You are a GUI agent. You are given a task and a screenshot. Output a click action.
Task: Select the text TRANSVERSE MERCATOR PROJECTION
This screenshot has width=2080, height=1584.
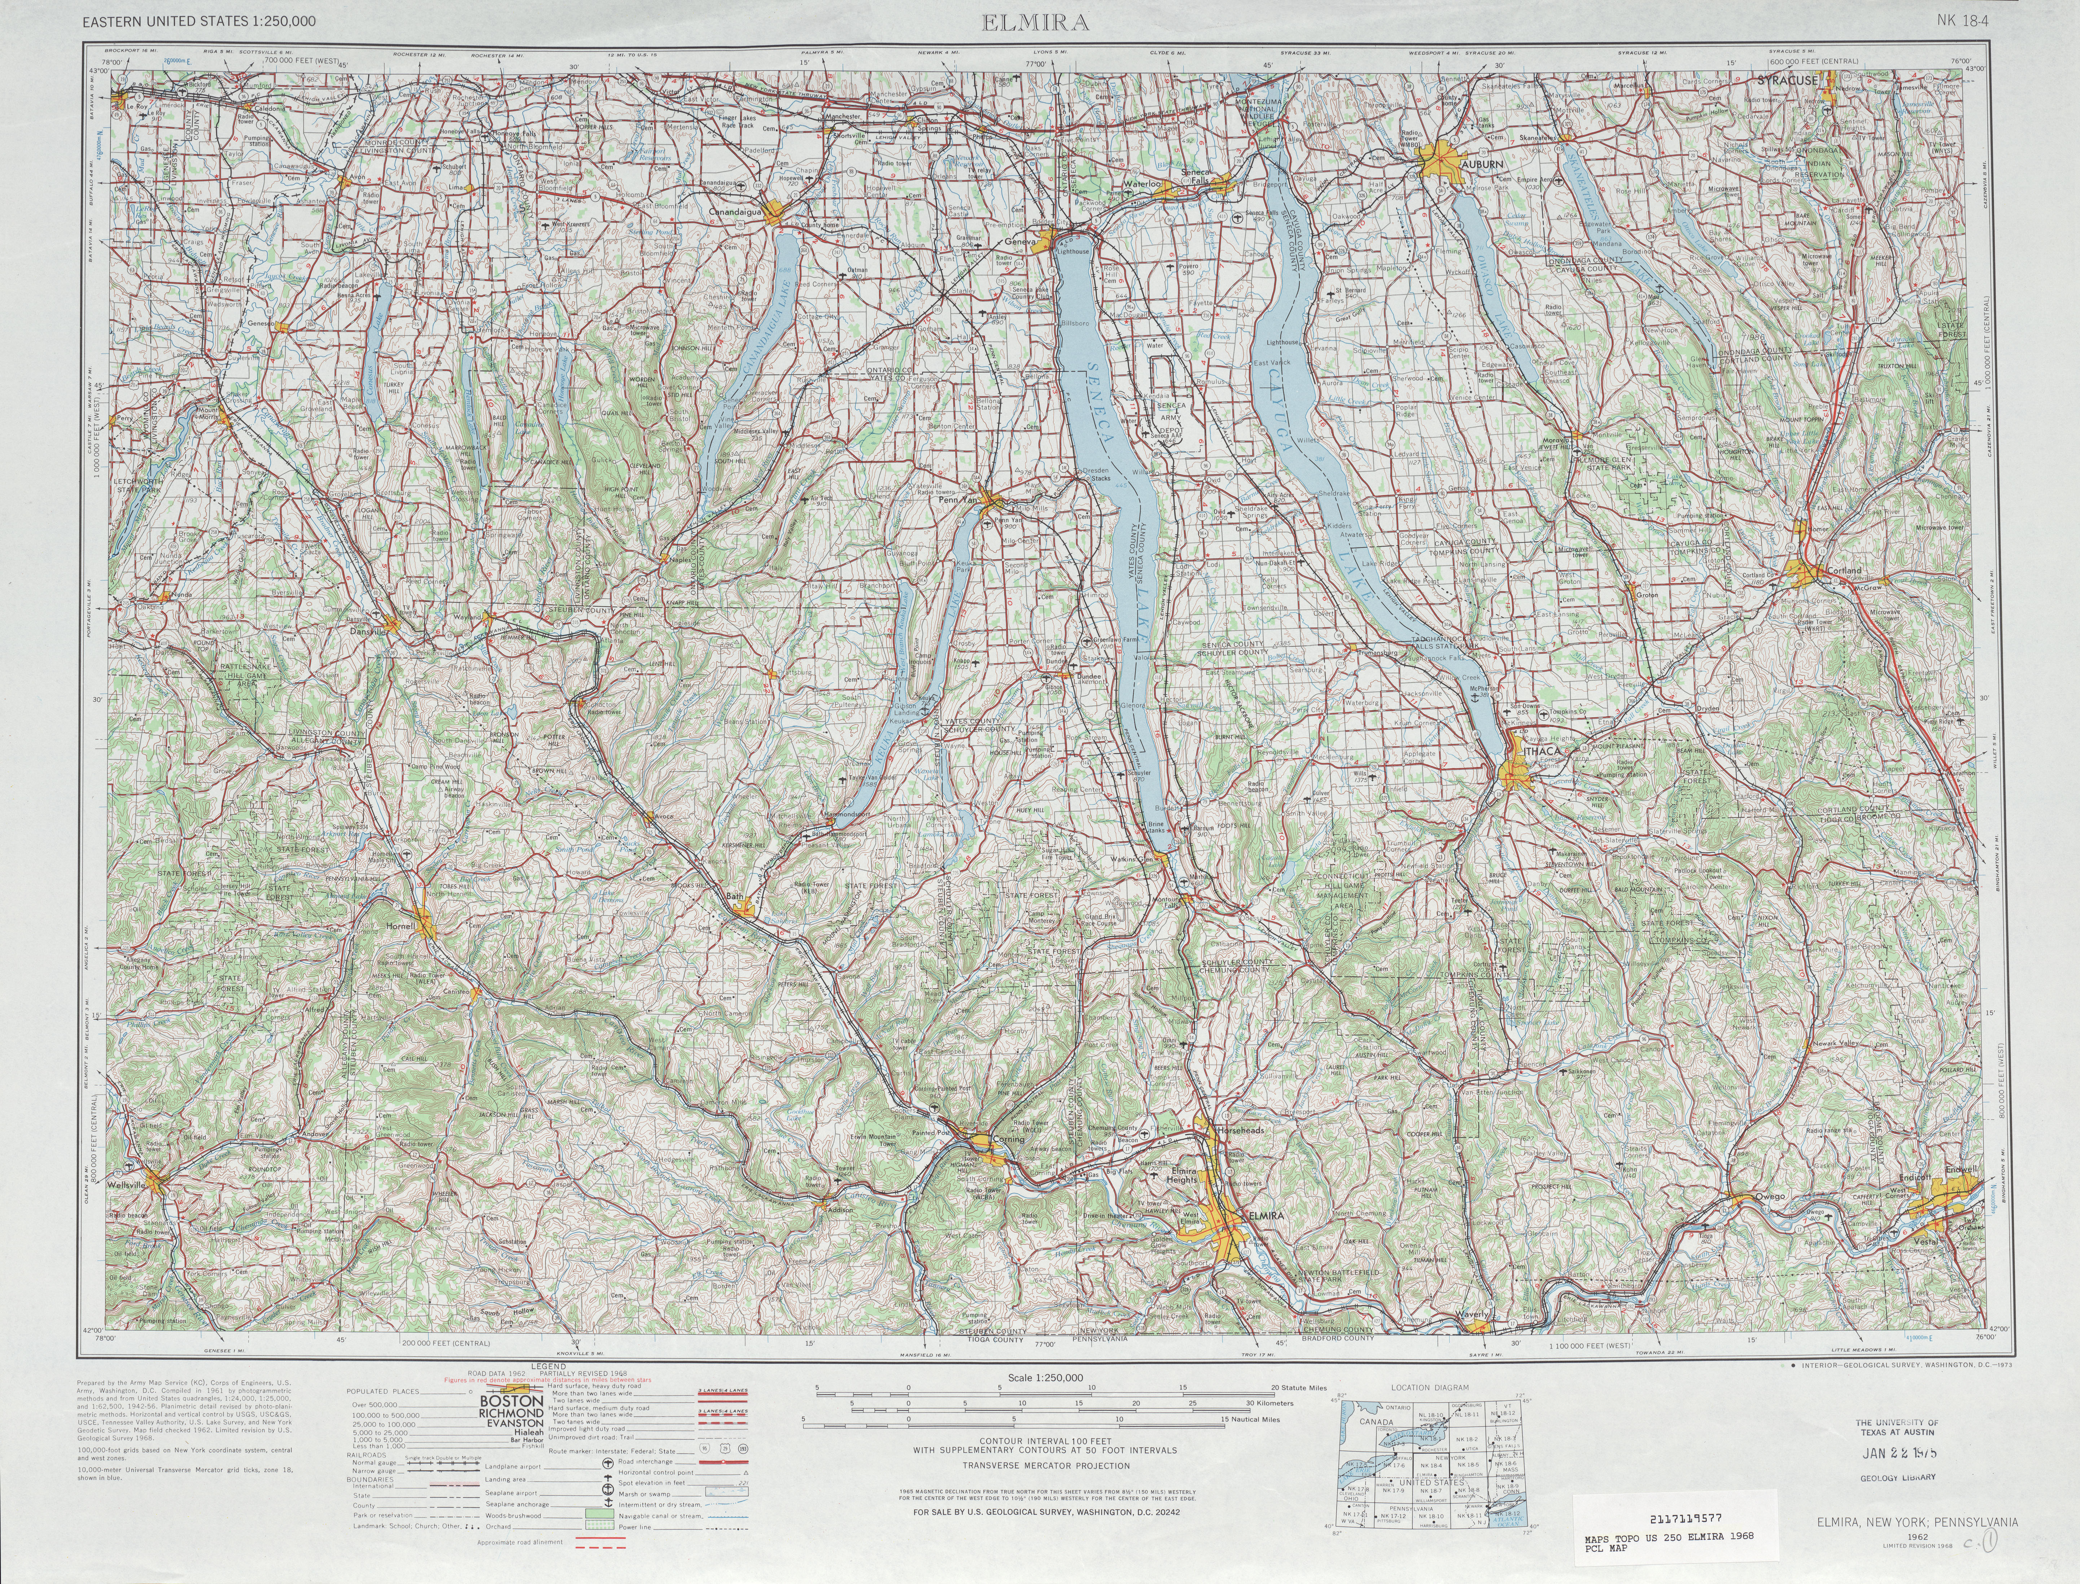point(1046,1466)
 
